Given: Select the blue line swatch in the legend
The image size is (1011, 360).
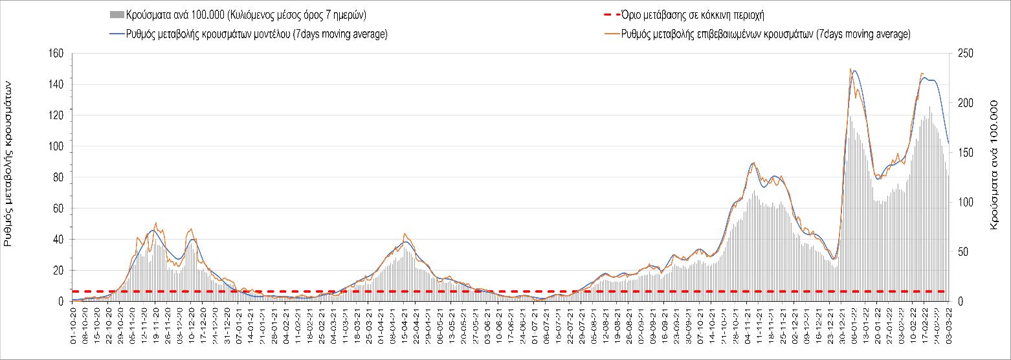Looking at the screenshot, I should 117,34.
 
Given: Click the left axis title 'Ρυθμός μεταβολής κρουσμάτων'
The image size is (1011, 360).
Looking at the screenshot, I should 8,163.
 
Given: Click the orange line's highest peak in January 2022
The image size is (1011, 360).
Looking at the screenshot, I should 850,69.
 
